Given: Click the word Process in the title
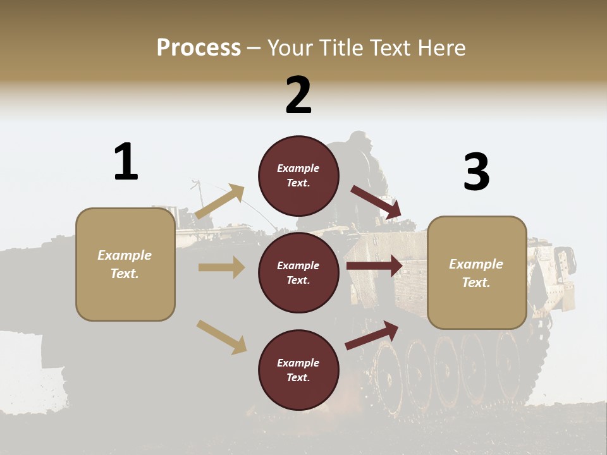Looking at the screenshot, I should (x=199, y=48).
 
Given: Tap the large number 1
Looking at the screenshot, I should (x=126, y=162).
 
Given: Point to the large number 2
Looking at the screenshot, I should (x=298, y=95).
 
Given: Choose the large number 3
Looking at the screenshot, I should (x=476, y=172).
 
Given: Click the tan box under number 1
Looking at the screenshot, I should (x=125, y=264).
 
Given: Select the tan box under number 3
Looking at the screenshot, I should (x=477, y=273).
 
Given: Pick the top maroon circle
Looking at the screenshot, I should (x=298, y=175).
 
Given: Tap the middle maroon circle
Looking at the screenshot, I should (x=298, y=272).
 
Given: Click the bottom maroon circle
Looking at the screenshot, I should (x=298, y=370).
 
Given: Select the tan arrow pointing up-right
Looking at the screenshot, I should (x=219, y=202).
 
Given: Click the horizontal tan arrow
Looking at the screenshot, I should (x=221, y=267).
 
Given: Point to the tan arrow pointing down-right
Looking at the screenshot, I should (x=221, y=337).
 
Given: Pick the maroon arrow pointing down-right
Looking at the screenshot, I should (x=376, y=202).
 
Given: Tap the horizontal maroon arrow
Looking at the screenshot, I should (x=374, y=265).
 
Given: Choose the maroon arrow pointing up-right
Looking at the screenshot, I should (x=372, y=335).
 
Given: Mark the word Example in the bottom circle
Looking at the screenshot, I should (x=298, y=363).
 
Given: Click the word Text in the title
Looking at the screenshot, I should (x=392, y=48).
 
